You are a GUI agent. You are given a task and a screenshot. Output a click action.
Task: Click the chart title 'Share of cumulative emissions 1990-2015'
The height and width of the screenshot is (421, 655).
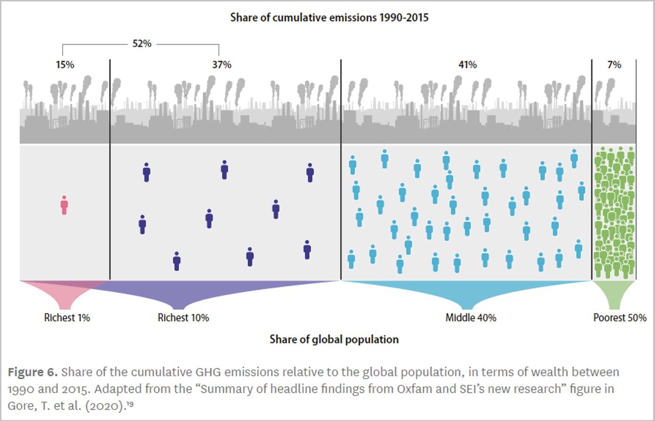click(329, 18)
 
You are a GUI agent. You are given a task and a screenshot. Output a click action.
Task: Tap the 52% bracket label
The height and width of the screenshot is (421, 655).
click(141, 44)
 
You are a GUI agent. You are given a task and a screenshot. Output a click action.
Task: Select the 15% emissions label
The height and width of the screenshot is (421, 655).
click(65, 65)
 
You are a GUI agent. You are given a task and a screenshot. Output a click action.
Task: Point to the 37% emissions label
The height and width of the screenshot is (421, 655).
click(222, 65)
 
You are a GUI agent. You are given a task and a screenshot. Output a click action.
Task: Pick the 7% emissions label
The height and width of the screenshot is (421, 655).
click(614, 65)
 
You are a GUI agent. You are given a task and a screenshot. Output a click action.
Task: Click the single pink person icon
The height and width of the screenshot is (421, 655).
click(64, 205)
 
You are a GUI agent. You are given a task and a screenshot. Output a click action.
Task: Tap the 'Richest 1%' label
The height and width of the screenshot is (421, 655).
click(67, 318)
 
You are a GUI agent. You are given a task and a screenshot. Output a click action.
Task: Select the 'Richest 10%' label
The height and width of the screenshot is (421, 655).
click(183, 318)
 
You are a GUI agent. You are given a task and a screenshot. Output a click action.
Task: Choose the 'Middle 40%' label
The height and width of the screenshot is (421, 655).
click(471, 318)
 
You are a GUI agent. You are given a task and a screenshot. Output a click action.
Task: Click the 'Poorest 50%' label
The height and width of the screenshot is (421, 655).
click(619, 318)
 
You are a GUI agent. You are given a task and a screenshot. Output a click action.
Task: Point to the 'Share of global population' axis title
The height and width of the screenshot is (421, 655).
click(334, 339)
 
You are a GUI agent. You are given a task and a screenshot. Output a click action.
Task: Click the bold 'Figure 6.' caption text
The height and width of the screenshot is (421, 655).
click(33, 373)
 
